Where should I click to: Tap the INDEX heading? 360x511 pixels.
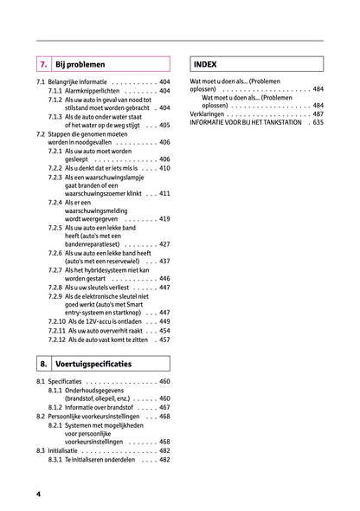(206, 64)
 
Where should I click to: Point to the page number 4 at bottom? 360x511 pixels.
(39, 493)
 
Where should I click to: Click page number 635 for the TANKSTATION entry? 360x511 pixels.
(318, 122)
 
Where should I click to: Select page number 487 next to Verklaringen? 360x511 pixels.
(318, 113)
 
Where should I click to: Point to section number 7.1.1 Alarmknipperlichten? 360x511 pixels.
(55, 91)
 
